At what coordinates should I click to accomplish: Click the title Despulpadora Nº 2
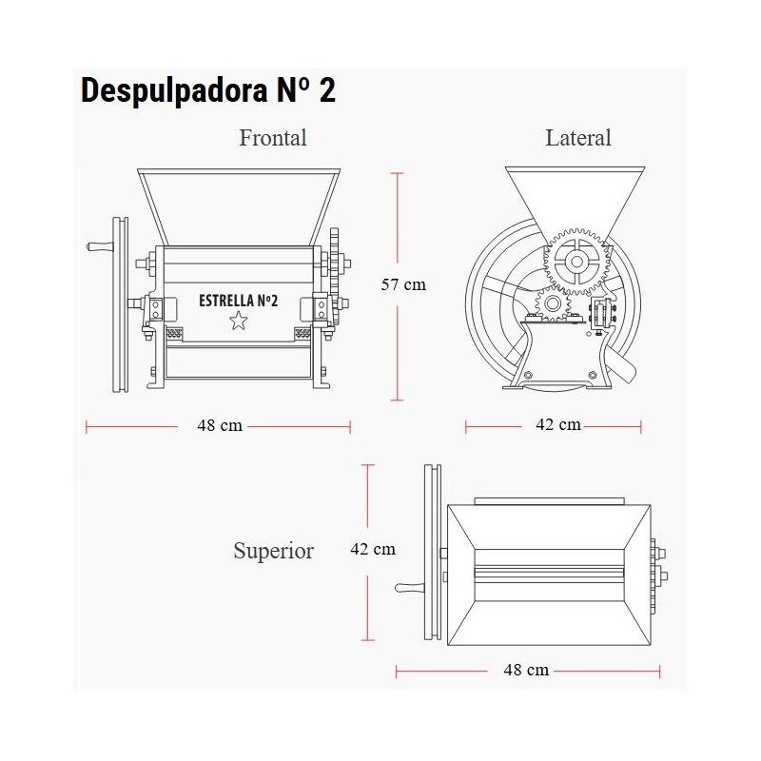click(x=207, y=90)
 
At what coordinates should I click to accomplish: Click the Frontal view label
click(x=273, y=138)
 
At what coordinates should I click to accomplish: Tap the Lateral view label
click(x=578, y=138)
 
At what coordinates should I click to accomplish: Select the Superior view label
click(x=273, y=551)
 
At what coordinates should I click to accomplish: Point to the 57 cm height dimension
click(x=403, y=284)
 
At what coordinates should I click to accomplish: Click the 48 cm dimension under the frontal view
click(x=220, y=425)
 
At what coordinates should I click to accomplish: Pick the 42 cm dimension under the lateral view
click(x=558, y=424)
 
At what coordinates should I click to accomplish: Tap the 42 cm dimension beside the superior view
click(x=373, y=549)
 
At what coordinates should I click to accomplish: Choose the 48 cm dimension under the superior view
click(x=526, y=671)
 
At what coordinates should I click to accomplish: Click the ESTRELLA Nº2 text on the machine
click(x=239, y=301)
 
